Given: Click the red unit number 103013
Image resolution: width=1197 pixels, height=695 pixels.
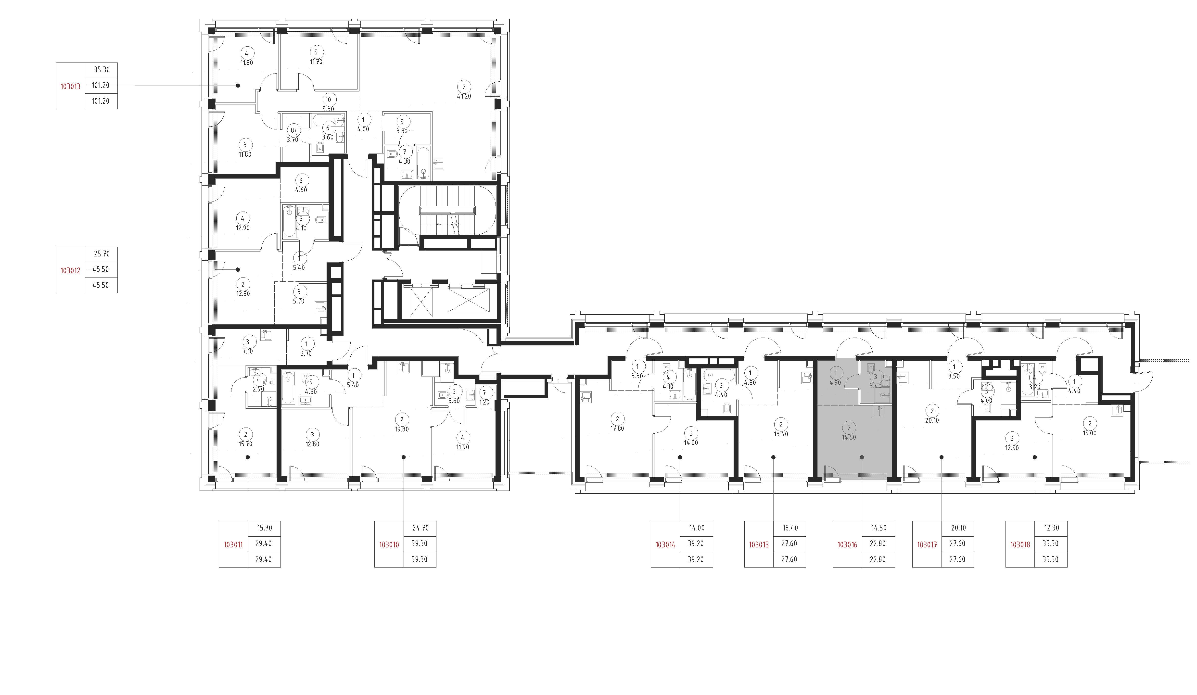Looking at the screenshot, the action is point(70,87).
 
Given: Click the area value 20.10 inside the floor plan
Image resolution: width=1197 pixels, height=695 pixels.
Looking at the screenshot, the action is point(932,420).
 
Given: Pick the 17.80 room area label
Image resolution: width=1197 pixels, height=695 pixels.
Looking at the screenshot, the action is point(617,429).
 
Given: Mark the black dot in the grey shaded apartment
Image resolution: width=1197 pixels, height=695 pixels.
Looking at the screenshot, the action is point(862,457).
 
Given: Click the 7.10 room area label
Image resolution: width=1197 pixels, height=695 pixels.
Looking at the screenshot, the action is point(247,352).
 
